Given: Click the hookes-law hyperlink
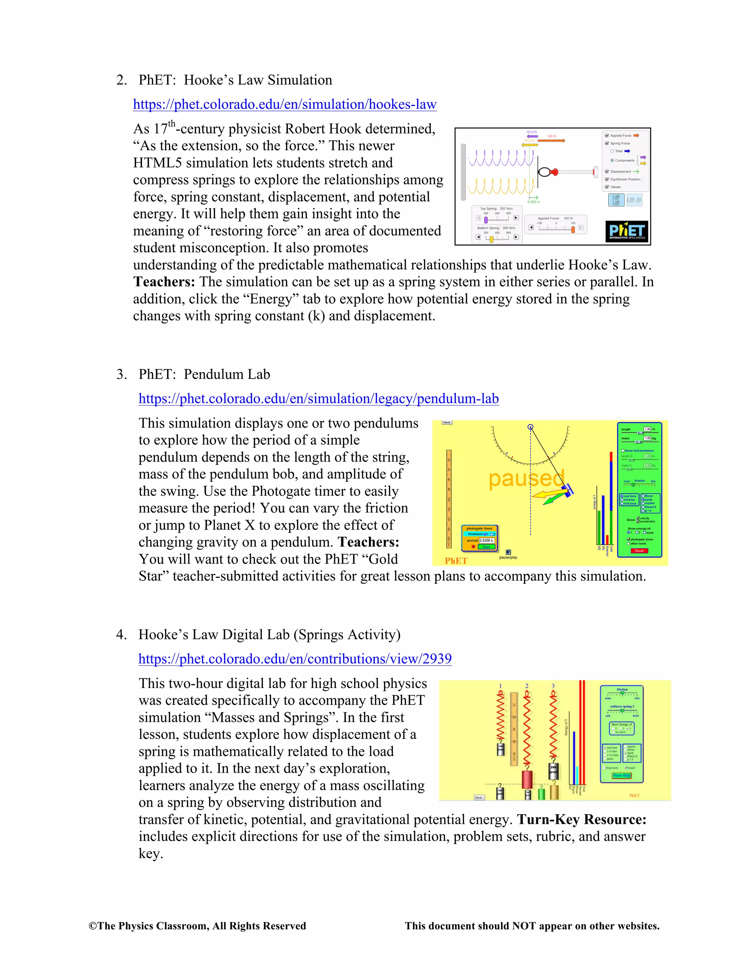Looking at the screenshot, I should (x=285, y=105).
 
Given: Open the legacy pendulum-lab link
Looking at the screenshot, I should (x=318, y=399).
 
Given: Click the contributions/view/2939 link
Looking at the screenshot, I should (x=295, y=659).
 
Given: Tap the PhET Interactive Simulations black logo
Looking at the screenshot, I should (x=627, y=232).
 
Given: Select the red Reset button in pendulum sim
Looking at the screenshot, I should (x=639, y=551).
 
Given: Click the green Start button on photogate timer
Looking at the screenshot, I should (x=486, y=547).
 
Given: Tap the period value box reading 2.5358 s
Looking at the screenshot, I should (x=486, y=541).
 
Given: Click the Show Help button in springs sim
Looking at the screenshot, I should (x=621, y=775).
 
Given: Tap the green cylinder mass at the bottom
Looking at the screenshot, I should (x=541, y=794).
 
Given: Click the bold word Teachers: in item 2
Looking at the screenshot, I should (x=164, y=282).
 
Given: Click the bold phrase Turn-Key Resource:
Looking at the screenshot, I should (x=582, y=819).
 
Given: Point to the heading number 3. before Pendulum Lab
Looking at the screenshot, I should (x=121, y=375).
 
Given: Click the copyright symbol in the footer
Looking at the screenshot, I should (x=93, y=926).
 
